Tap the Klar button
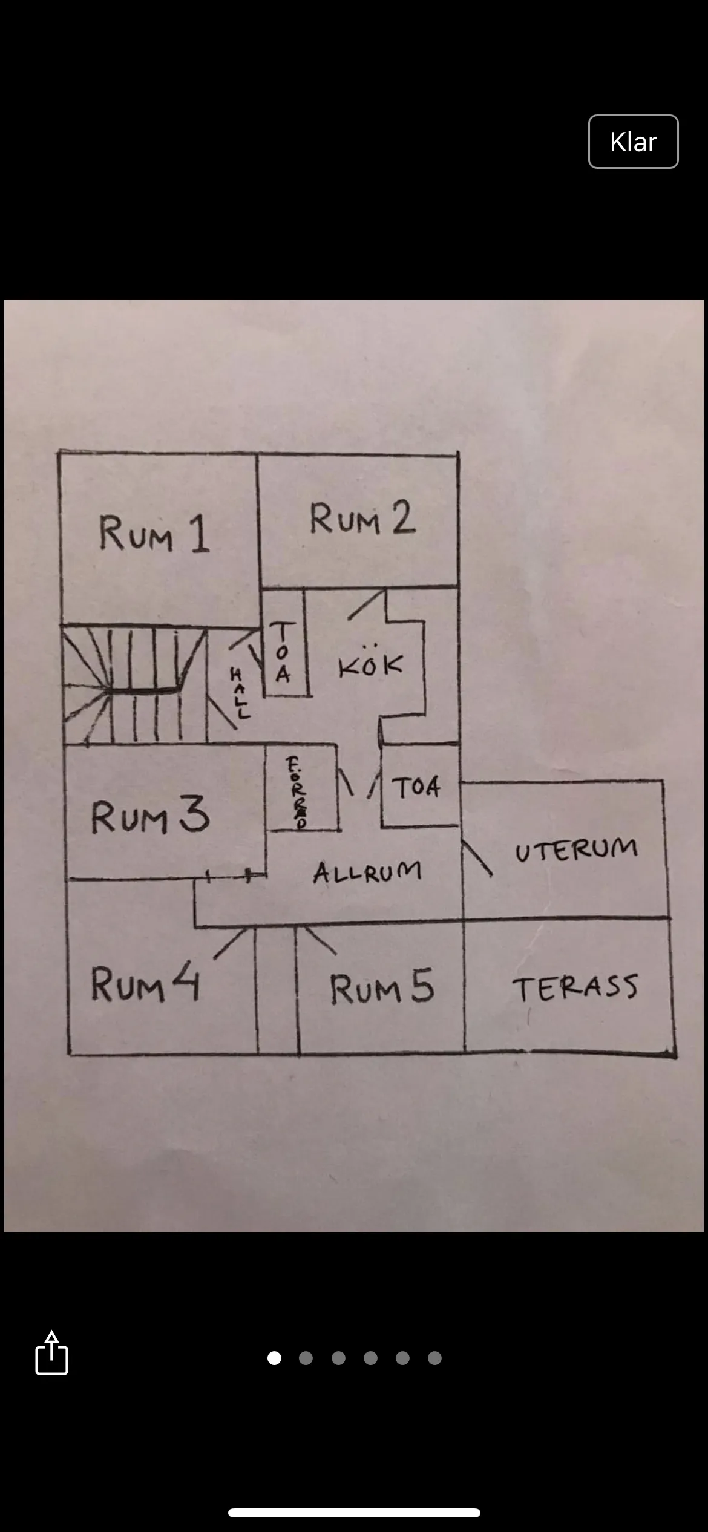[x=633, y=142]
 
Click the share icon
[x=51, y=1353]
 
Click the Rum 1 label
[x=154, y=534]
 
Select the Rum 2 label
[x=362, y=519]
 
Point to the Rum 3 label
[x=150, y=816]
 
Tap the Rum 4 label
[x=145, y=984]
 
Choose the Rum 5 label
[x=382, y=987]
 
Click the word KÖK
[x=370, y=665]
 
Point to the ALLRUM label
[x=367, y=872]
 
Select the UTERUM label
[x=576, y=849]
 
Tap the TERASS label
[x=575, y=987]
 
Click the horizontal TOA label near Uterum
[x=416, y=787]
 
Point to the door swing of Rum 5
[x=319, y=940]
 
